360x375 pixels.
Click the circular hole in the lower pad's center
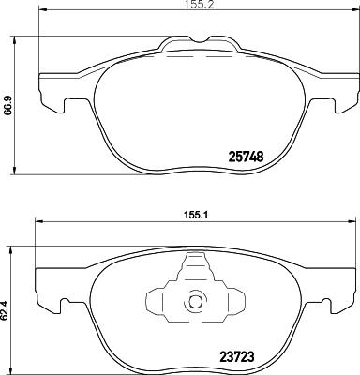195,302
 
